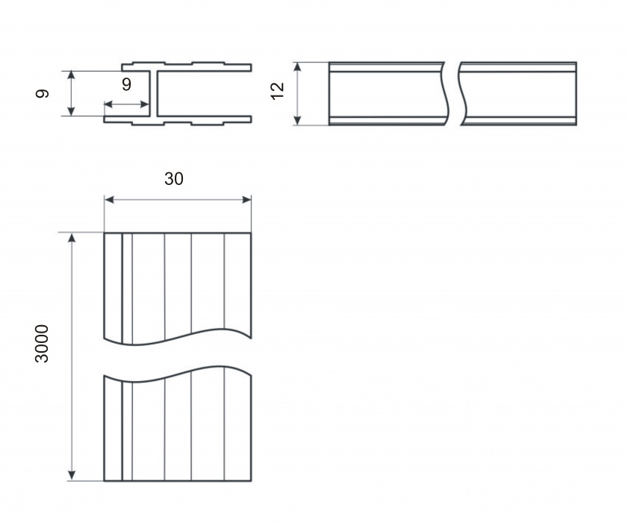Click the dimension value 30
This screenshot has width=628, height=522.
174,179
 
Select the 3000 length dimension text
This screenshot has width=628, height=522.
42,344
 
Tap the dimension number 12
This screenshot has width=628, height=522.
277,91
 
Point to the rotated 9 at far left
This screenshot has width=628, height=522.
42,94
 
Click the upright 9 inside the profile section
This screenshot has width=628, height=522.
126,84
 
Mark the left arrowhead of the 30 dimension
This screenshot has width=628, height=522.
109,200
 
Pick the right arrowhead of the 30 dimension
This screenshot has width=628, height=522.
246,200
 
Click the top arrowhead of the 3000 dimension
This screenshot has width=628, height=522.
72,238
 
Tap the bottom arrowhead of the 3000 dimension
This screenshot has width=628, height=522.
72,476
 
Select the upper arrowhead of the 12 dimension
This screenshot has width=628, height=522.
297,67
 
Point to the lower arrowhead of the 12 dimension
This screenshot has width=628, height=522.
297,120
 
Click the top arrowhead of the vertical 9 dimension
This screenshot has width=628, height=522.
71,75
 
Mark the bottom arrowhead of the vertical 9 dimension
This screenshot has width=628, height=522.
71,111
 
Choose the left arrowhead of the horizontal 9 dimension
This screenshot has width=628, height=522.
108,105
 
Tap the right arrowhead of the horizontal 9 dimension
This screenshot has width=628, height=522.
145,105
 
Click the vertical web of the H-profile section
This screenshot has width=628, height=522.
153,94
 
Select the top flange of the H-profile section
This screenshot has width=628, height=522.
187,67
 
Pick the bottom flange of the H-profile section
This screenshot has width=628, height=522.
178,120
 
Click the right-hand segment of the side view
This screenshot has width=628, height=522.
518,94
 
